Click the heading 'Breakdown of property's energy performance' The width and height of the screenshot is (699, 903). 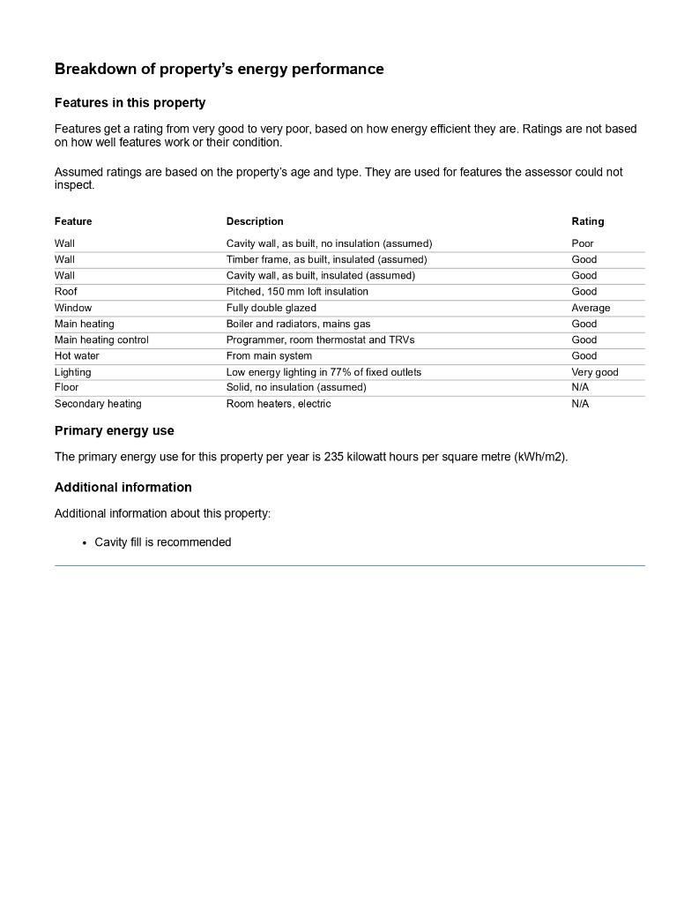pyautogui.click(x=219, y=69)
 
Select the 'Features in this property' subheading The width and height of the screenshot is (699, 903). pyautogui.click(x=130, y=103)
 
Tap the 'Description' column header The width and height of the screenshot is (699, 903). pyautogui.click(x=255, y=221)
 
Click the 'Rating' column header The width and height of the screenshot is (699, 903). pyautogui.click(x=587, y=221)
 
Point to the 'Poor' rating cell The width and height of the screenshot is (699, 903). pyautogui.click(x=582, y=243)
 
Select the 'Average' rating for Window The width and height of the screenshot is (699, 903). pyautogui.click(x=590, y=308)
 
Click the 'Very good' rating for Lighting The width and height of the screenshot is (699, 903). pyautogui.click(x=594, y=372)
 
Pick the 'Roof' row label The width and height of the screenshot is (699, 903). pyautogui.click(x=66, y=292)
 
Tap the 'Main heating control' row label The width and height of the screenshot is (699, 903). pyautogui.click(x=101, y=340)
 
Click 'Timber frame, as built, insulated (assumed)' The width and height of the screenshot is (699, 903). pyautogui.click(x=326, y=259)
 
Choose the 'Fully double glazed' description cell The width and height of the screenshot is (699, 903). pyautogui.click(x=271, y=308)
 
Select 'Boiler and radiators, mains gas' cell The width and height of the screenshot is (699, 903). pyautogui.click(x=298, y=324)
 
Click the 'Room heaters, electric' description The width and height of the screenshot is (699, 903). pyautogui.click(x=278, y=404)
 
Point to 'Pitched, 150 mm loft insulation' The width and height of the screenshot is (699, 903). pyautogui.click(x=297, y=292)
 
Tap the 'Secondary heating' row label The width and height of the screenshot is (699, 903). pyautogui.click(x=98, y=404)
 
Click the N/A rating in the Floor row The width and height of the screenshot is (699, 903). pyautogui.click(x=580, y=388)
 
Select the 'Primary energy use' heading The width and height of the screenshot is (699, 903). pyautogui.click(x=114, y=431)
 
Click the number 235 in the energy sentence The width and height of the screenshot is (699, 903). pyautogui.click(x=333, y=458)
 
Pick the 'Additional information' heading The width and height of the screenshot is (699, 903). pyautogui.click(x=123, y=488)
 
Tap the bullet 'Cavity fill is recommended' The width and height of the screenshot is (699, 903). pyautogui.click(x=162, y=542)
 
